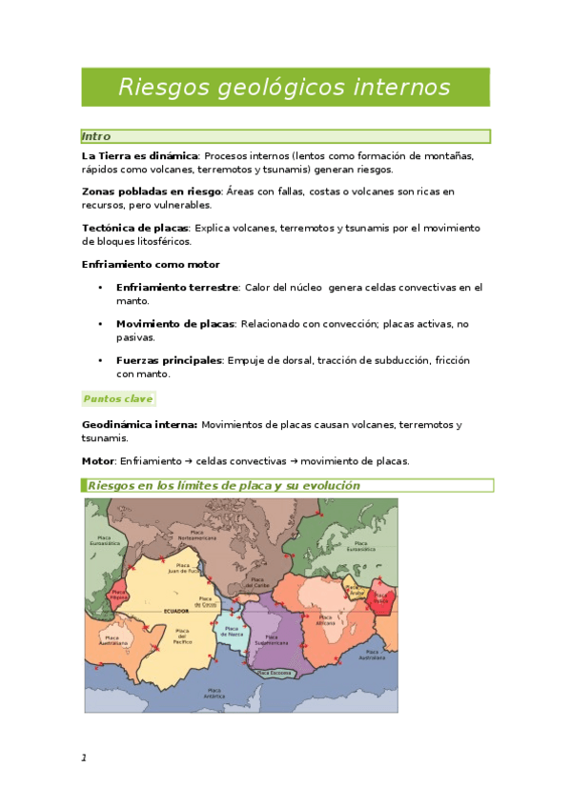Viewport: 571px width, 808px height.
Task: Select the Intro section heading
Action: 96,136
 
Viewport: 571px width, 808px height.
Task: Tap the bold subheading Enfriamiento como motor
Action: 151,264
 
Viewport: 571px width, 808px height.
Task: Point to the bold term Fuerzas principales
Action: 169,360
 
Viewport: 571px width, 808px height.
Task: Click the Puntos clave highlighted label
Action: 118,398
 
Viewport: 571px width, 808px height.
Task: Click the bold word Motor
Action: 99,461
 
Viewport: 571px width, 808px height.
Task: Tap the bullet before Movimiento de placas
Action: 99,324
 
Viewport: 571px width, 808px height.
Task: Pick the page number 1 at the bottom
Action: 84,757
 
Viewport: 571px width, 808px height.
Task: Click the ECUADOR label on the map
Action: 177,611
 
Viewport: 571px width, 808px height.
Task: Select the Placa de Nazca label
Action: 231,631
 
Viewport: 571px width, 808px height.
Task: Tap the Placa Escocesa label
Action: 275,674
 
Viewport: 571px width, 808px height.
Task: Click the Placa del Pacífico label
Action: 182,636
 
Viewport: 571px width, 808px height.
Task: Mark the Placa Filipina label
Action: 118,594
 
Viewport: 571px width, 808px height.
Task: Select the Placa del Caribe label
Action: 255,581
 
